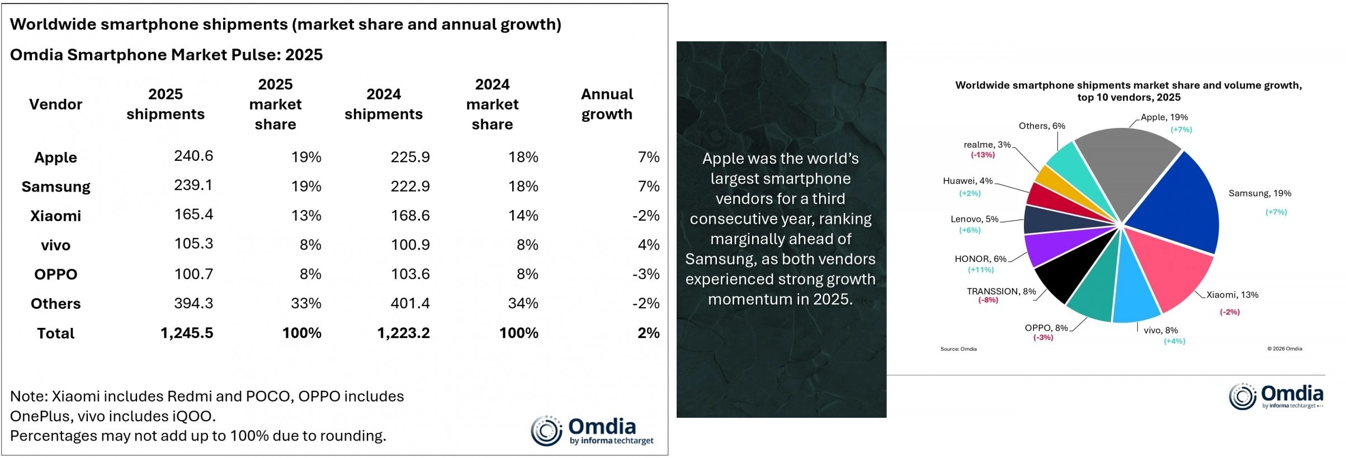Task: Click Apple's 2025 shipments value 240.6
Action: tap(193, 156)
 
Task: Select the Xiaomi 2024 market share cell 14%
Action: tap(523, 216)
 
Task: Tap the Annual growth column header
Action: tap(607, 104)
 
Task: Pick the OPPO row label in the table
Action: tap(55, 274)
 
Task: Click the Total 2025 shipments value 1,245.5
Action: tap(187, 333)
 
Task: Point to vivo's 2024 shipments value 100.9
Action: tap(410, 245)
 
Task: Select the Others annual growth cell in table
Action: tap(646, 303)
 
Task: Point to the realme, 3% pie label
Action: tap(987, 145)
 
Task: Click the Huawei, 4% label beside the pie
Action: tap(967, 181)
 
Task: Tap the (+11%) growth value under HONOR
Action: tap(980, 270)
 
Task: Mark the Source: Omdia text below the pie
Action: tap(958, 349)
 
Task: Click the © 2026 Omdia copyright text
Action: tap(1284, 349)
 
